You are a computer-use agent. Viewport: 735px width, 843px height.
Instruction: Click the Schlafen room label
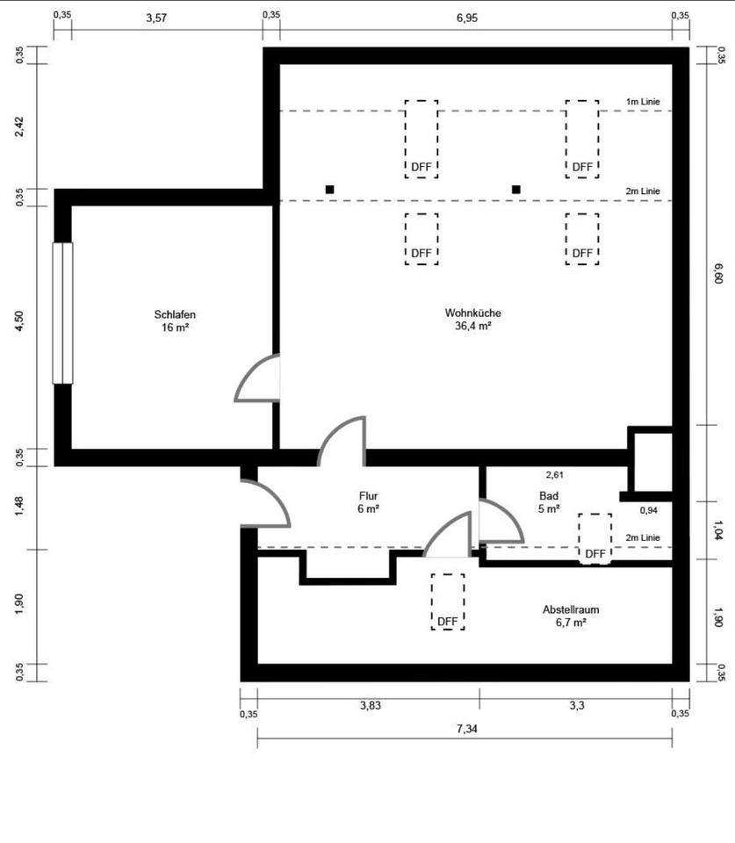coord(174,314)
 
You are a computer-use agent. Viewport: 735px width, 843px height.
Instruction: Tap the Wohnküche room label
coord(472,313)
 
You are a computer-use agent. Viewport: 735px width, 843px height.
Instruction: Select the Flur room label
coord(369,495)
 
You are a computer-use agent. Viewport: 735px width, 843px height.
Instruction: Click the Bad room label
coord(548,495)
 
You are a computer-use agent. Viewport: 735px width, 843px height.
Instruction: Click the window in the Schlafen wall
coord(62,313)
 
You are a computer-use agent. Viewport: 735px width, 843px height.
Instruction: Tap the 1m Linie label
coord(643,102)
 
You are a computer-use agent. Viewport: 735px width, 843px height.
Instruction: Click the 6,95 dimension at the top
coord(479,18)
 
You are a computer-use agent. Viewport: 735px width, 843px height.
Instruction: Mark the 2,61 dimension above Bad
coord(554,475)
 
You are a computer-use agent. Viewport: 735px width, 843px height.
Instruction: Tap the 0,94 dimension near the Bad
coord(648,510)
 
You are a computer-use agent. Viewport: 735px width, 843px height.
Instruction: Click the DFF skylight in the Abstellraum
coord(448,602)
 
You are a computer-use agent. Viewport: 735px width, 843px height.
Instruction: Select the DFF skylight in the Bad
coord(595,537)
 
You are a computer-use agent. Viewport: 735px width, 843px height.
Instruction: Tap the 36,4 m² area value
coord(472,325)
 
